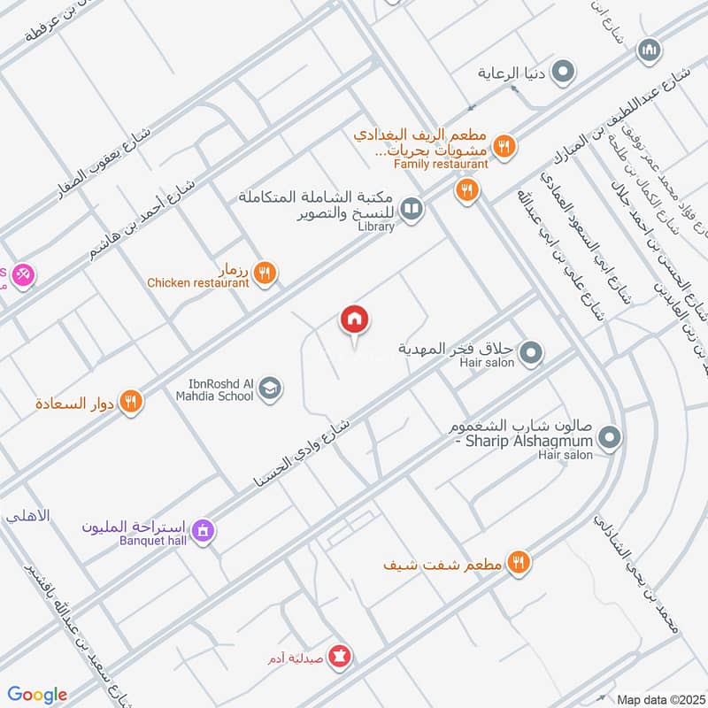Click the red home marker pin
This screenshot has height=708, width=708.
pyautogui.click(x=355, y=320)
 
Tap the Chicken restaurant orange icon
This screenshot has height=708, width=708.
pyautogui.click(x=264, y=273)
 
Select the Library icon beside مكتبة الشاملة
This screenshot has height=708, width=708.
pyautogui.click(x=411, y=209)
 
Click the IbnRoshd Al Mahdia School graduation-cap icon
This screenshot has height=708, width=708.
pyautogui.click(x=271, y=389)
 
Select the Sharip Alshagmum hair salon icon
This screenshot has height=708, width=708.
pyautogui.click(x=609, y=436)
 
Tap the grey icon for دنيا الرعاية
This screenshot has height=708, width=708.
pyautogui.click(x=563, y=73)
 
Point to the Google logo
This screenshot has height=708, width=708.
pyautogui.click(x=37, y=695)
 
